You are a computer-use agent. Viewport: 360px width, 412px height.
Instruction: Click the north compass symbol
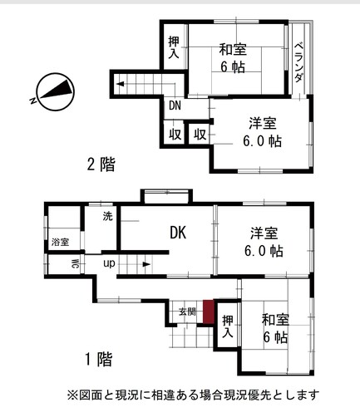56,92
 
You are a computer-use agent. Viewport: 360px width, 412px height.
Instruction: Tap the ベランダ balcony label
298,62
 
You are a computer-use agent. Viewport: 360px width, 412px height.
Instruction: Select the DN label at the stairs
175,105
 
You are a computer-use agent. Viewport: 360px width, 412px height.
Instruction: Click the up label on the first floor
109,263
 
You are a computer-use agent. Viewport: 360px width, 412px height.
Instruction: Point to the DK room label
178,233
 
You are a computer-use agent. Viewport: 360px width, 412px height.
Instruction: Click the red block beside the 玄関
209,311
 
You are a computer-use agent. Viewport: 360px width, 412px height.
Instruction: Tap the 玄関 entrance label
187,311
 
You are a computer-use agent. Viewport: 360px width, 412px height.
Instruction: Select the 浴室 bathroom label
60,242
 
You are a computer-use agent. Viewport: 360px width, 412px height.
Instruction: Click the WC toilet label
75,264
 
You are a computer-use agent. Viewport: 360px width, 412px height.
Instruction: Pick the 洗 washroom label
108,216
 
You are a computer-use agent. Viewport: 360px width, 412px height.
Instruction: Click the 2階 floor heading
101,164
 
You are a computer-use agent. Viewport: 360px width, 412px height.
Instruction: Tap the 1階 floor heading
99,360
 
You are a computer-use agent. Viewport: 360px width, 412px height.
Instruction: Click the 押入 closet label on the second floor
174,47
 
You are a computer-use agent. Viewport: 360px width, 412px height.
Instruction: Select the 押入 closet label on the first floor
228,326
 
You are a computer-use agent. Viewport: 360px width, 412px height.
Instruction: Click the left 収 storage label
175,135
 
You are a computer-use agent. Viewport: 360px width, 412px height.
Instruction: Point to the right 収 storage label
200,135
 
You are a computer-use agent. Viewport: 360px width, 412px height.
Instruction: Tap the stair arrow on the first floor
146,264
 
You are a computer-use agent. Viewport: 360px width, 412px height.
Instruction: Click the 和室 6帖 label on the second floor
233,58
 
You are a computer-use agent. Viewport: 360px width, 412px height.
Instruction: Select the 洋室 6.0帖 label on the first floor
264,242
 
